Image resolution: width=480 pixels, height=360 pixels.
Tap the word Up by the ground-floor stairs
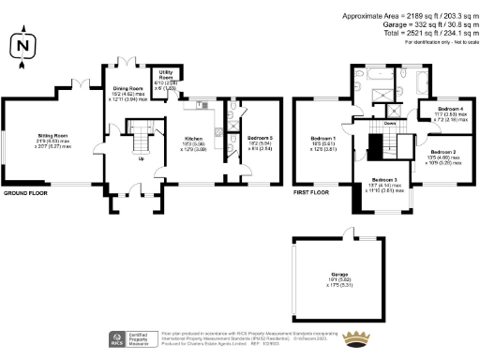pos(142,158)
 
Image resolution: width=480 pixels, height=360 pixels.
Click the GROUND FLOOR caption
pos(25,192)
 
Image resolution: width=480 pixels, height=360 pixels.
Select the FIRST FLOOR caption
pos(314,192)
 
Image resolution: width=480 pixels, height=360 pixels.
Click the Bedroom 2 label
pos(442,151)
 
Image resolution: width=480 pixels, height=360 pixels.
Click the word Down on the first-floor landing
pos(389,123)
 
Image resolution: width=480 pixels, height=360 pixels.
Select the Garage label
pos(326,275)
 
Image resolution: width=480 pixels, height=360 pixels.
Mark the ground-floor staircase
pos(141,142)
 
